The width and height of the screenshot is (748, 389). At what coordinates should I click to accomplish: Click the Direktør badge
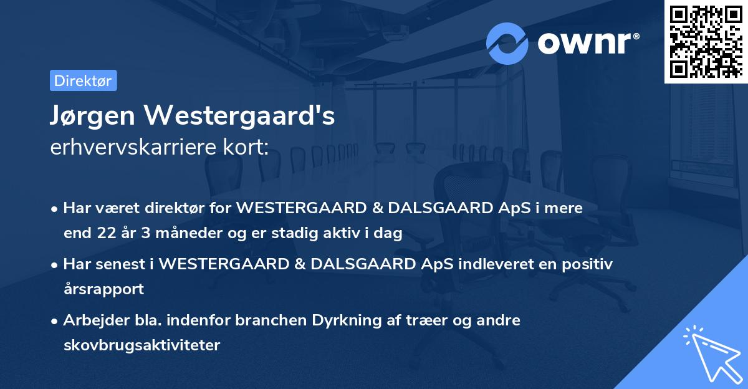(x=83, y=81)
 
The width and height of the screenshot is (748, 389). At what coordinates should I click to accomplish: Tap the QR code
(x=706, y=41)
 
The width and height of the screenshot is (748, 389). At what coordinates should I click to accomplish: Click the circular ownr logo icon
(x=507, y=43)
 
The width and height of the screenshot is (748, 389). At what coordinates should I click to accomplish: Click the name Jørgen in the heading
(x=92, y=115)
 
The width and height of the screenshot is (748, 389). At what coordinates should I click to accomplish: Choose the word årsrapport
(x=103, y=289)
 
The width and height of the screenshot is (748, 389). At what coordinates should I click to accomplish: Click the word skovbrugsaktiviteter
(x=141, y=345)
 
